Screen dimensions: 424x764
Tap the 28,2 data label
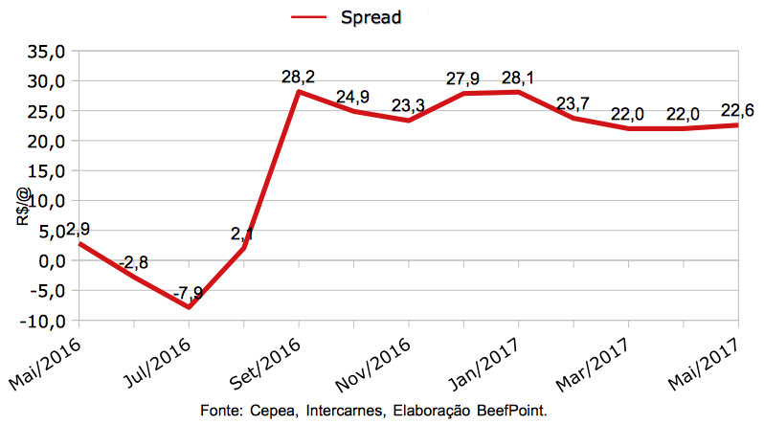[299, 76]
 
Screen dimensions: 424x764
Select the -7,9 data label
[188, 291]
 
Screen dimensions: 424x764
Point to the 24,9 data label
[353, 97]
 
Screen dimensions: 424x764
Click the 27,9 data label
[463, 78]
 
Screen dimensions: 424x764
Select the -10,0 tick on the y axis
[42, 321]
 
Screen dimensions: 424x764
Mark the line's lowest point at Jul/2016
[189, 306]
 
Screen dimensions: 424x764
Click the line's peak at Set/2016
[299, 92]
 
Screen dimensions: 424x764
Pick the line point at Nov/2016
[409, 121]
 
